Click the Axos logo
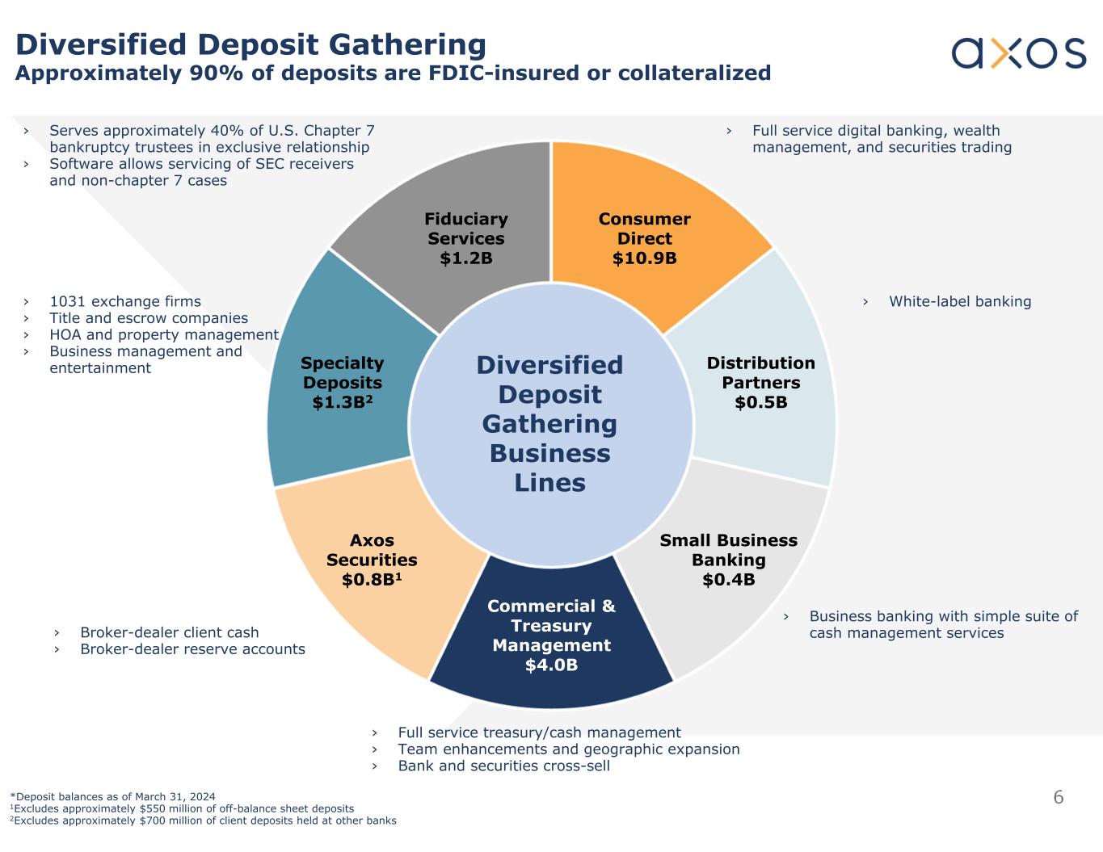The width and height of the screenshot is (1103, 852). (1018, 53)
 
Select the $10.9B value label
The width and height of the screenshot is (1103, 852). (644, 258)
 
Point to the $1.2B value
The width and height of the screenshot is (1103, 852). (466, 258)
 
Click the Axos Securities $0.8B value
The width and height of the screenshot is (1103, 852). (372, 580)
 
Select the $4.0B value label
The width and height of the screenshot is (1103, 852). (551, 665)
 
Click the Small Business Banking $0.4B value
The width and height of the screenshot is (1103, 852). (728, 580)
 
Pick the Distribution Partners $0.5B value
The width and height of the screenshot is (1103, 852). (760, 402)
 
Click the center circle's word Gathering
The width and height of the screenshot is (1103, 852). (549, 424)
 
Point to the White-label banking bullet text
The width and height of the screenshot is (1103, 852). (960, 302)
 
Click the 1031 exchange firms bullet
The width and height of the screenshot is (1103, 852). (125, 302)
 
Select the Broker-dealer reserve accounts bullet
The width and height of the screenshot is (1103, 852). (192, 649)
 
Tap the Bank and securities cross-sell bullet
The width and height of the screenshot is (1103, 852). (503, 766)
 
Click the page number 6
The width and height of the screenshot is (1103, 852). (1059, 798)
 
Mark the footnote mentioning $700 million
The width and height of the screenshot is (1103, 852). (204, 821)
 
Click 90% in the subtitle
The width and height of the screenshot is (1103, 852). (212, 73)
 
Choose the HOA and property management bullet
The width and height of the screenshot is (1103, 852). (164, 335)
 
